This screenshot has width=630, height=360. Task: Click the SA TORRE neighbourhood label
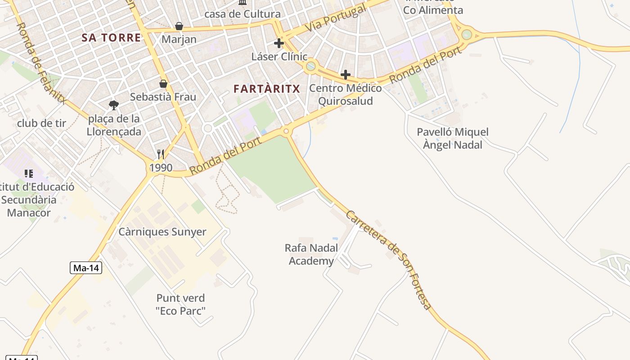click(x=111, y=38)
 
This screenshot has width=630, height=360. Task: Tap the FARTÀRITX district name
click(x=266, y=89)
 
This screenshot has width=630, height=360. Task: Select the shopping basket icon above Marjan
click(x=179, y=26)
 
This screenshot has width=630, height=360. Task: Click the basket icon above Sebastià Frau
click(x=163, y=84)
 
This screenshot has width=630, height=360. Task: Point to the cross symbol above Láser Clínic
click(x=279, y=43)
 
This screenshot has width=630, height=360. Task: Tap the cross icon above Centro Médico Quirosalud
click(x=346, y=74)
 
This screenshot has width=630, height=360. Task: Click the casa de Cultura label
click(x=243, y=14)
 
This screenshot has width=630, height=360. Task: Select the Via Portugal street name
click(x=335, y=19)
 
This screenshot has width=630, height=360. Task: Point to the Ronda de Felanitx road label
click(x=41, y=63)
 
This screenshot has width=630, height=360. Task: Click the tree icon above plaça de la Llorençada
click(x=114, y=105)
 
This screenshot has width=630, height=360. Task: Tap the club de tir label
click(x=41, y=123)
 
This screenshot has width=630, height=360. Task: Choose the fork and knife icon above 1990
click(x=161, y=154)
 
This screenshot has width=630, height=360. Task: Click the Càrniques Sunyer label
click(x=162, y=232)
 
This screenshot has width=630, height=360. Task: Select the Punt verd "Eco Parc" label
click(x=180, y=304)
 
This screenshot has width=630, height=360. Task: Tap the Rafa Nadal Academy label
click(x=311, y=255)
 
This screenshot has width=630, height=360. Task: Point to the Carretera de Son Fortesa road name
click(x=389, y=260)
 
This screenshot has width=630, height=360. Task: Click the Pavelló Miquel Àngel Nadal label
click(x=452, y=139)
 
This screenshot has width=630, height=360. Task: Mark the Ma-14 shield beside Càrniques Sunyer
click(x=86, y=268)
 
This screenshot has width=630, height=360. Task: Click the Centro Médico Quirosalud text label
click(x=345, y=94)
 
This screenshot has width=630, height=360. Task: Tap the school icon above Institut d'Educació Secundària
click(x=29, y=173)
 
